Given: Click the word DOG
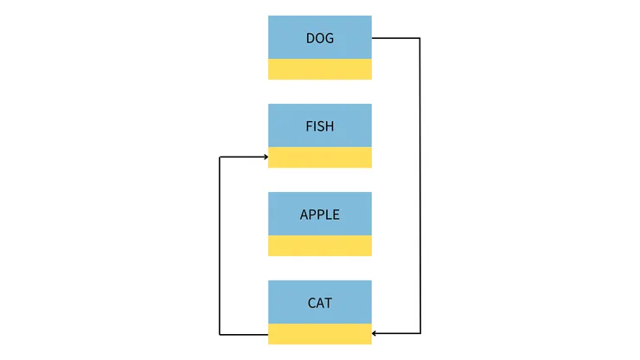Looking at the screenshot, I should (320, 38).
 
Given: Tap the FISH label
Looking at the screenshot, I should (320, 126).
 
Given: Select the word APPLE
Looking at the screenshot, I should (320, 215).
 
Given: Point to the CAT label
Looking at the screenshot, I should (320, 303).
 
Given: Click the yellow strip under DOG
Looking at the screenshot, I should (320, 69).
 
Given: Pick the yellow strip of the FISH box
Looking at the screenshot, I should (320, 157).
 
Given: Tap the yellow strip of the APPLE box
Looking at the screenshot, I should (320, 246).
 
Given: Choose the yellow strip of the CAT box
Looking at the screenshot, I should (320, 334).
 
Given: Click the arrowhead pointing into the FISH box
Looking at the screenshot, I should (265, 157).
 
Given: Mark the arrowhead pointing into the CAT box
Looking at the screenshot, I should (375, 333).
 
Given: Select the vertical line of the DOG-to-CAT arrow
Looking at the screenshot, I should (419, 186).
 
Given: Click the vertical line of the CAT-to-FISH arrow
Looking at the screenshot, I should (221, 246).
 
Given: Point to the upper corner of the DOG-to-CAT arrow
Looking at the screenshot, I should (419, 38).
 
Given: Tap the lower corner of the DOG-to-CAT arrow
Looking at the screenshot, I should (419, 333).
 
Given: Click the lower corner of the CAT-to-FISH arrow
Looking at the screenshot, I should (221, 334).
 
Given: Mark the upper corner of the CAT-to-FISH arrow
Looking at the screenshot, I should (221, 157).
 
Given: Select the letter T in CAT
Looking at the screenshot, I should (329, 303).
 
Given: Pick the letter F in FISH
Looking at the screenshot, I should (309, 126).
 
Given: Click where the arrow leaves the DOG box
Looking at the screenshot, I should (373, 38).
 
